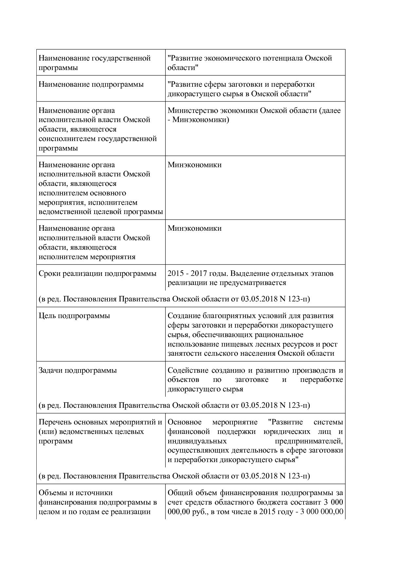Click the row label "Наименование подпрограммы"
coord(91,84)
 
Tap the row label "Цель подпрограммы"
coord(74,316)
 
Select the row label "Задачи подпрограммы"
coord(78,370)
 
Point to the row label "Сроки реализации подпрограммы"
coord(98,274)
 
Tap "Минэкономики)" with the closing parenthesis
coord(201,120)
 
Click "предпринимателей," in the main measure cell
coord(309,441)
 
